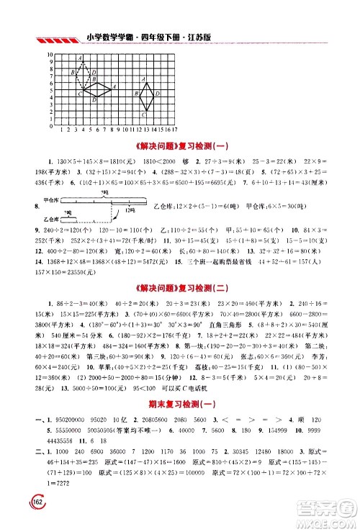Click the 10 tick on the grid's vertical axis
[49, 55]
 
